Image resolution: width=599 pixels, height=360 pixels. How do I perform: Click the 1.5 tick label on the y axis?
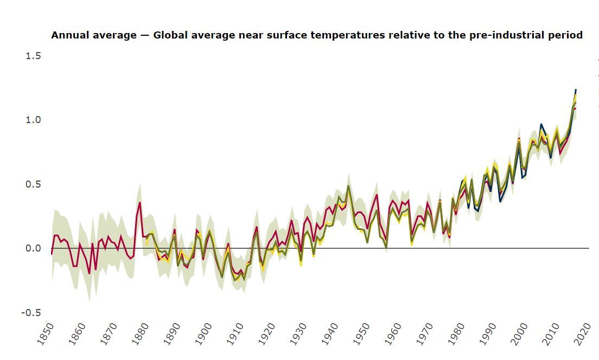(x=33, y=56)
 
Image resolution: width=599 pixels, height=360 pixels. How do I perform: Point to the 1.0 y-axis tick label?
(x=33, y=120)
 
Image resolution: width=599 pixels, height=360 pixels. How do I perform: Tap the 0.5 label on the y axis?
(x=33, y=184)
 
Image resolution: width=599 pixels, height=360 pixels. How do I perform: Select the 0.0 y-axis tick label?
(x=33, y=248)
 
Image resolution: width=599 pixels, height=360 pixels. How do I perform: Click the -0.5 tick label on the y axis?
(x=31, y=313)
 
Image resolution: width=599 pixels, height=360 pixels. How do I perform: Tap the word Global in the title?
(x=170, y=35)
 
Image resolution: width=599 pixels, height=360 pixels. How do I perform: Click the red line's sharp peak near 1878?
(x=139, y=203)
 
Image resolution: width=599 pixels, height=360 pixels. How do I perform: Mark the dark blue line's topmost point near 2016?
(x=576, y=89)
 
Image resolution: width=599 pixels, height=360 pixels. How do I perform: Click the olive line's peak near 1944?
(x=348, y=186)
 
